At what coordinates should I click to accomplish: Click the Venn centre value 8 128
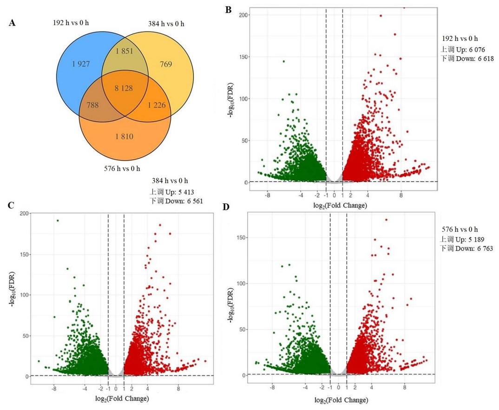pos(124,88)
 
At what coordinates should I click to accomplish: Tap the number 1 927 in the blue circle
pos(81,64)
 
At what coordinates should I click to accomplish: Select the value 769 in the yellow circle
pos(166,64)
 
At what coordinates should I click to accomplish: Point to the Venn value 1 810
pos(124,137)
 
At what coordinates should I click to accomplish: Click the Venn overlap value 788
pos(92,105)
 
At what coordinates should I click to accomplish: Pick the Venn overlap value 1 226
pos(157,105)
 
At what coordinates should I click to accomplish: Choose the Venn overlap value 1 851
pos(124,51)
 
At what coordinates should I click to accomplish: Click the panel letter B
pos(228,10)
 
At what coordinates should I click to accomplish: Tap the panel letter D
pos(226,207)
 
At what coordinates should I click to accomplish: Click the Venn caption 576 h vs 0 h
pos(122,168)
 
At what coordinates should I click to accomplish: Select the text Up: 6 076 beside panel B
pos(470,50)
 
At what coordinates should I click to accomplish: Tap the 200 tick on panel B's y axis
pos(243,15)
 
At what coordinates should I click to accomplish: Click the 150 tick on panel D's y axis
pos(242,238)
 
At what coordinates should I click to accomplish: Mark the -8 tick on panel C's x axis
pos(54,389)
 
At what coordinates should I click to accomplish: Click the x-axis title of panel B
pos(340,206)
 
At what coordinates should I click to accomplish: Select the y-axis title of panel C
pos(12,289)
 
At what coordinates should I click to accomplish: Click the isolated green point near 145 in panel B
pos(283,61)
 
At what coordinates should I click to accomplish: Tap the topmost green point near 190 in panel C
pos(58,221)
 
